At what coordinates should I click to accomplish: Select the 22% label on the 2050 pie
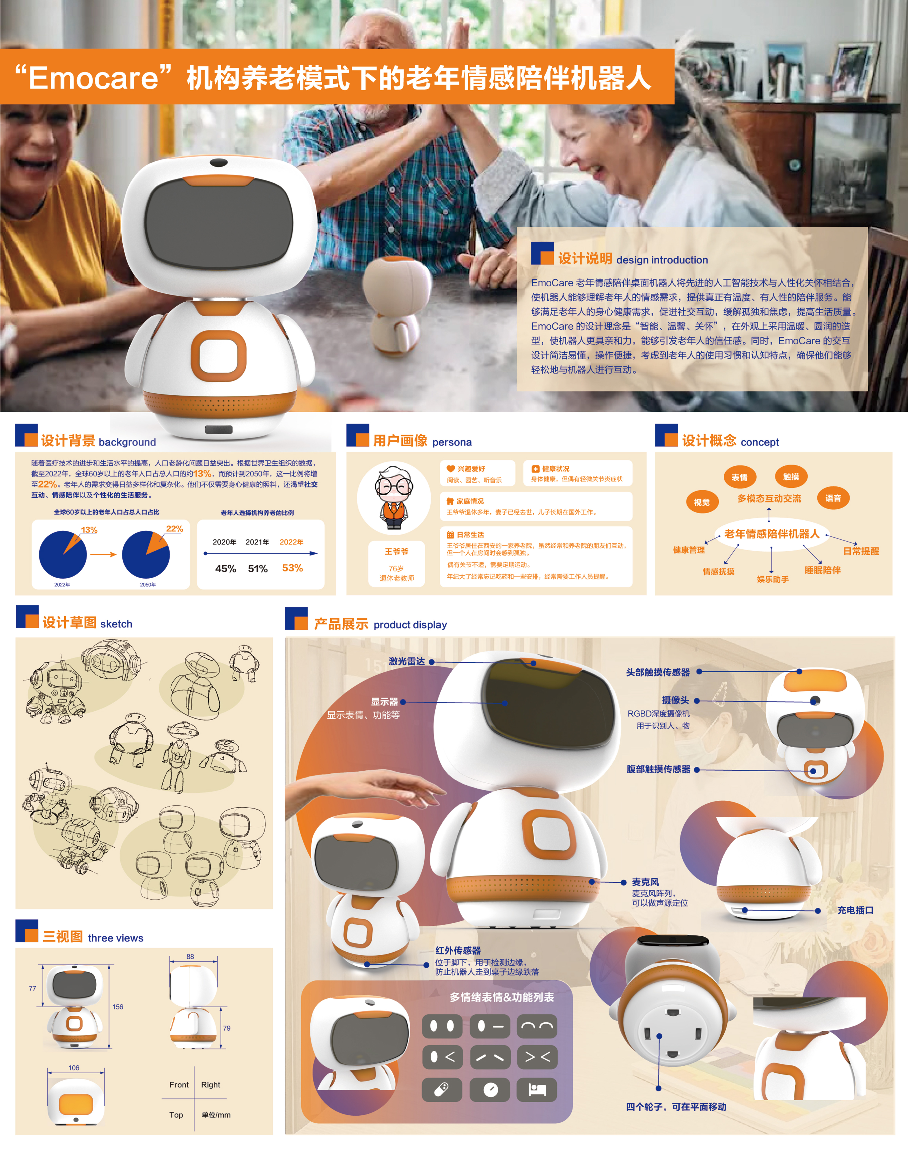(174, 528)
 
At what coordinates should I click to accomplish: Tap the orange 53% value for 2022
(292, 568)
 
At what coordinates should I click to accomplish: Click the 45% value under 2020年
(225, 568)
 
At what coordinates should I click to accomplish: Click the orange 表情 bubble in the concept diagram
(739, 477)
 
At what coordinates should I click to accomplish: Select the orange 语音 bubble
(833, 498)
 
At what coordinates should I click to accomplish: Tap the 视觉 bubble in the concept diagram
(702, 502)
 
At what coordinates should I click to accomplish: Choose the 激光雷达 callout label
(407, 661)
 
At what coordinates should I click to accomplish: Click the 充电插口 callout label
(855, 910)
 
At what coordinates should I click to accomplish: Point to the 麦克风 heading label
(645, 881)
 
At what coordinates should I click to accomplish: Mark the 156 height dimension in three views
(118, 1007)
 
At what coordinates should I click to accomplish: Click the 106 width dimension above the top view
(74, 1068)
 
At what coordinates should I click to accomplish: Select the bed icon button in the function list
(537, 1090)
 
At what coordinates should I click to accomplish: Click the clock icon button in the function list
(490, 1090)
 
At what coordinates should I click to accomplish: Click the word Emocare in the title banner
(93, 78)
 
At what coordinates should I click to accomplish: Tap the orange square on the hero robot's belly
(219, 356)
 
